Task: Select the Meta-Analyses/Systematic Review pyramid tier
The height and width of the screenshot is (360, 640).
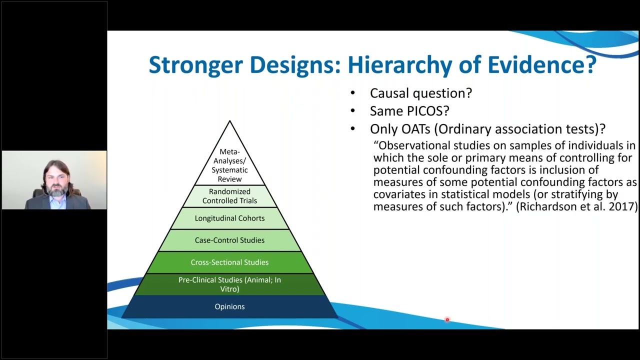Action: (229, 165)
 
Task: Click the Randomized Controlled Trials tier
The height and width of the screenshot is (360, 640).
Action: (229, 196)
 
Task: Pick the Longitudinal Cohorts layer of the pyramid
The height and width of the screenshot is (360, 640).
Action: (229, 218)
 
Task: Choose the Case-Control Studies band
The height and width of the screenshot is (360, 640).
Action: (229, 240)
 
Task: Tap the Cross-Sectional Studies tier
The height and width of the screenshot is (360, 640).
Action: (229, 262)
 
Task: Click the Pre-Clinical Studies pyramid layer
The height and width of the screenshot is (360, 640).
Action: (229, 284)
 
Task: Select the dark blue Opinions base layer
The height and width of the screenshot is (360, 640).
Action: (229, 306)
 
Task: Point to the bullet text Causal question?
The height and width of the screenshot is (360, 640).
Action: (420, 93)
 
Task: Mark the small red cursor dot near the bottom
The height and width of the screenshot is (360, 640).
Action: (447, 319)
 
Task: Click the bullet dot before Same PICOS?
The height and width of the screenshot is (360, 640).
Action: (353, 111)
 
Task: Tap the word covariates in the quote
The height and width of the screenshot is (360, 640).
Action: (397, 194)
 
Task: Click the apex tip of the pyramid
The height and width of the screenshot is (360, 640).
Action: (229, 121)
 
